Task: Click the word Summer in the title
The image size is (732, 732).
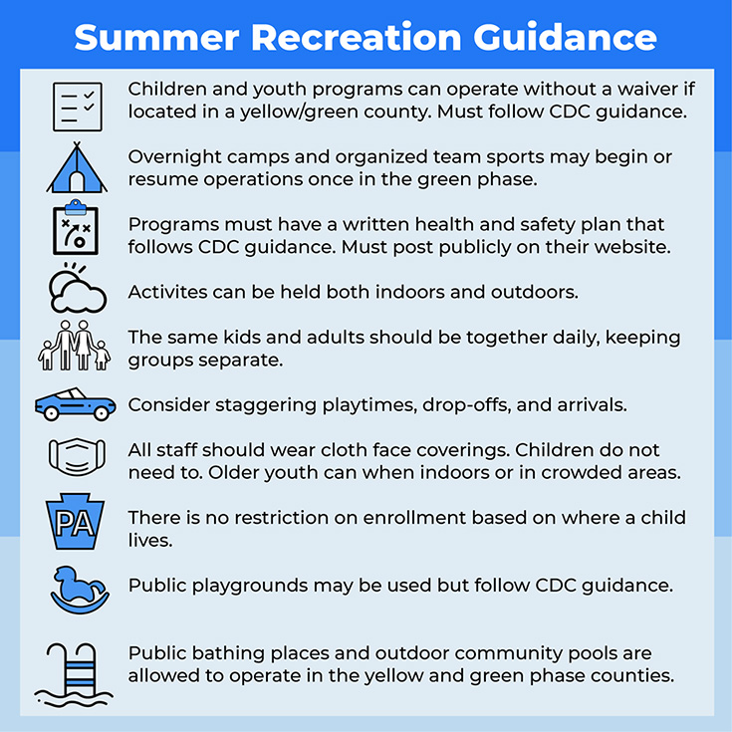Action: pyautogui.click(x=157, y=37)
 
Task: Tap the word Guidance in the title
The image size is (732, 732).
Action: pyautogui.click(x=565, y=37)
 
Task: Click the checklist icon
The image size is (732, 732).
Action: pyautogui.click(x=77, y=107)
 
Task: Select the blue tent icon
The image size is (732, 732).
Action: pyautogui.click(x=77, y=167)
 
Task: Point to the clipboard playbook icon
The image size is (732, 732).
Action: pyautogui.click(x=76, y=227)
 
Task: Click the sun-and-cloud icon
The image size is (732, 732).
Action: pyautogui.click(x=78, y=288)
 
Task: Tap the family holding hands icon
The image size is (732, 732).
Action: pyautogui.click(x=75, y=345)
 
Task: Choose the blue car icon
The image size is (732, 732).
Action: pyautogui.click(x=75, y=404)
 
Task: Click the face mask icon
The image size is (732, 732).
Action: pyautogui.click(x=77, y=456)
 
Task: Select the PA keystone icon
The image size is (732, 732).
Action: pyautogui.click(x=75, y=521)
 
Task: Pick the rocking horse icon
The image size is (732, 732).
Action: pyautogui.click(x=80, y=590)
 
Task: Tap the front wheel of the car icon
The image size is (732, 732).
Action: pyautogui.click(x=102, y=412)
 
